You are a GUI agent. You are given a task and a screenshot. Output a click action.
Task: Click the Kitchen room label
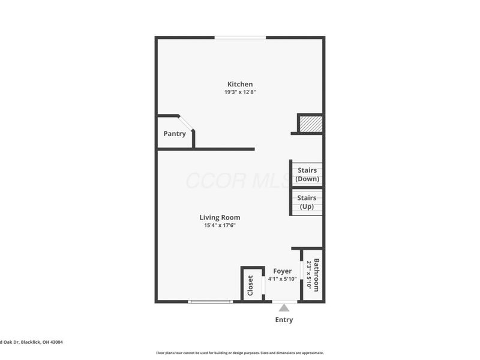[x=239, y=84]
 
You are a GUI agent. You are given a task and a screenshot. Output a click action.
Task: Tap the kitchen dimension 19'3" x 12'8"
[x=239, y=92]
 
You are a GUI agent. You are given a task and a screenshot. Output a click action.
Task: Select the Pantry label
[x=175, y=134]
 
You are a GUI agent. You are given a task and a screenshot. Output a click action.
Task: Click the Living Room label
[x=220, y=217]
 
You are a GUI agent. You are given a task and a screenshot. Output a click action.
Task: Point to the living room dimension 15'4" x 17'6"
[x=220, y=226]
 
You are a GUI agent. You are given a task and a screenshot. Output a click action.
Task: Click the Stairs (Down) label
[x=307, y=175]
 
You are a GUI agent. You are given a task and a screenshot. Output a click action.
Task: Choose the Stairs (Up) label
[x=307, y=202]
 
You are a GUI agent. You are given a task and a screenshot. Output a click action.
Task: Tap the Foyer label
[x=282, y=271]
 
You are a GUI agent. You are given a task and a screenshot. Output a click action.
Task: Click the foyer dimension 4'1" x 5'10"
[x=282, y=279]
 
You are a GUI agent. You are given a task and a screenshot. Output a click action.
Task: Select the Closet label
[x=251, y=286]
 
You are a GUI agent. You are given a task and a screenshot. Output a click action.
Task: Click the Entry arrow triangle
[x=284, y=308]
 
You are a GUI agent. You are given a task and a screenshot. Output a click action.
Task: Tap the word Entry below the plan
[x=284, y=320]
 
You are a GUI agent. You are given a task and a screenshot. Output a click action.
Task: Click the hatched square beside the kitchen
[x=311, y=124]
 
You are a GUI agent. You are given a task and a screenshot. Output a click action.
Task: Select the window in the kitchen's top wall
[x=240, y=38]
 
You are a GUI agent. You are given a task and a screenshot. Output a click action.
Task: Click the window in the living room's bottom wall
[x=209, y=301]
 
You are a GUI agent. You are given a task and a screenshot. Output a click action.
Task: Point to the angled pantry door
[x=187, y=123]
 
